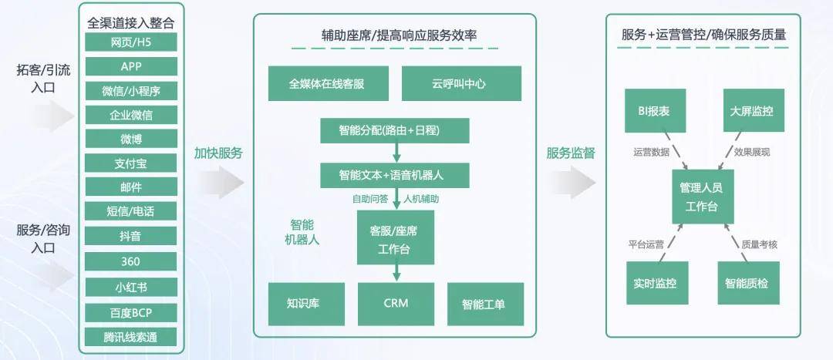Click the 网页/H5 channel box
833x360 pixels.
click(130, 42)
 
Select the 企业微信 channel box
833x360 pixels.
click(130, 115)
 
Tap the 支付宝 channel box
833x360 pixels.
click(130, 163)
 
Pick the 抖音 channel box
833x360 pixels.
click(130, 236)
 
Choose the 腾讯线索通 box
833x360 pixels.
click(130, 337)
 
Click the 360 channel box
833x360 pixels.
click(130, 261)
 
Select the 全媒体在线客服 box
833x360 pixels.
click(329, 83)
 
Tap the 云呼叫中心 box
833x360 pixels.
click(462, 83)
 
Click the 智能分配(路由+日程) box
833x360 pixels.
click(395, 130)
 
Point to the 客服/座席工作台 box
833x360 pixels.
click(395, 237)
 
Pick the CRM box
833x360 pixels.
click(396, 304)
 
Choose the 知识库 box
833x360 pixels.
click(306, 304)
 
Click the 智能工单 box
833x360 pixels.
click(486, 304)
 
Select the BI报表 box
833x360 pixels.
click(655, 110)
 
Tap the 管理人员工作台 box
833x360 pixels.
click(703, 197)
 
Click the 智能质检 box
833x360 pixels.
click(748, 283)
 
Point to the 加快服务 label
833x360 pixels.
click(218, 153)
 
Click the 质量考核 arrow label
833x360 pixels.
click(760, 244)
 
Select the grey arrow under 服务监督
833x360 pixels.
click(572, 182)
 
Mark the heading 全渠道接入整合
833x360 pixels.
click(130, 23)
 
